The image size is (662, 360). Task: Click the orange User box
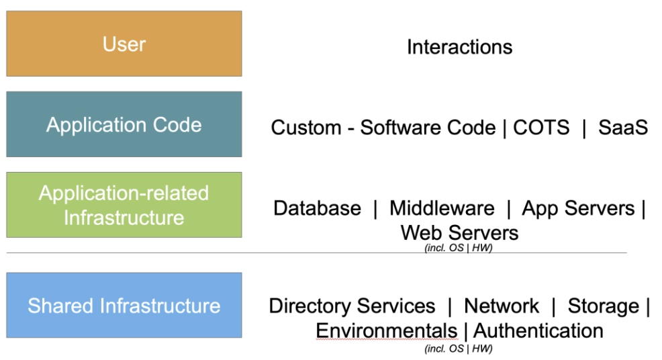(x=124, y=44)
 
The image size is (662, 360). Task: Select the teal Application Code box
(x=124, y=124)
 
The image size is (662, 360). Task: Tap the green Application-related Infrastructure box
(x=124, y=205)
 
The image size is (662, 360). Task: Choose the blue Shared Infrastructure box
(x=124, y=306)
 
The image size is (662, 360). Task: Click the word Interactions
(x=459, y=47)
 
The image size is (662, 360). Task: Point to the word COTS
(x=541, y=128)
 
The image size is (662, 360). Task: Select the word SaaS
(x=623, y=128)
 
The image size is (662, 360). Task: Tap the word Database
(x=317, y=208)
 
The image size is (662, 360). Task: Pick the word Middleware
(x=442, y=208)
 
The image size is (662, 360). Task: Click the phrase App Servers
(x=578, y=208)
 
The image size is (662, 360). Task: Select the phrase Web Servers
(x=459, y=232)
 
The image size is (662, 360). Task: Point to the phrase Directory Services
(x=352, y=306)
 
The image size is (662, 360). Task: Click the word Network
(x=502, y=306)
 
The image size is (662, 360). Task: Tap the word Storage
(x=603, y=306)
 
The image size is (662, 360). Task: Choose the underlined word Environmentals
(x=386, y=330)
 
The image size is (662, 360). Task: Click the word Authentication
(x=538, y=330)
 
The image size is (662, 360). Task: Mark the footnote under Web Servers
(x=459, y=248)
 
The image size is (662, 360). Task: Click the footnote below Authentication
(x=459, y=349)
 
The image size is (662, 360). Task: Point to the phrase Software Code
(x=428, y=128)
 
